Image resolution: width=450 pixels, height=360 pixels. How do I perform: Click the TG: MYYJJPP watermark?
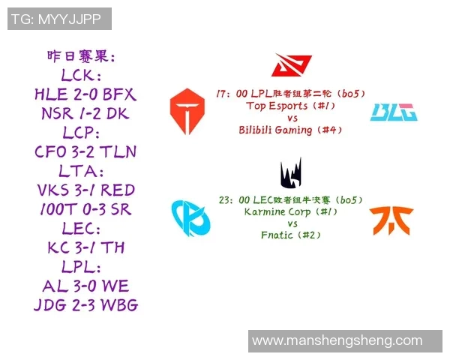[59, 19]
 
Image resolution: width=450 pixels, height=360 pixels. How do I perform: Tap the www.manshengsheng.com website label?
[337, 340]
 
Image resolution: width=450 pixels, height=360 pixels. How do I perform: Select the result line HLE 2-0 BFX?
[85, 95]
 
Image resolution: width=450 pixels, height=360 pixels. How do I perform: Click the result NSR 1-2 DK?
[85, 114]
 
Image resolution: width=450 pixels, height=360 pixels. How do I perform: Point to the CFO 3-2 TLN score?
[85, 152]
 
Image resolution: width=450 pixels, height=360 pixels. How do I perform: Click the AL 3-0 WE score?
[85, 286]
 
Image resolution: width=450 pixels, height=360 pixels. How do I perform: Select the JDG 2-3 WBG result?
[85, 305]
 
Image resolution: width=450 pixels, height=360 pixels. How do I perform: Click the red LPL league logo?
[291, 67]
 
